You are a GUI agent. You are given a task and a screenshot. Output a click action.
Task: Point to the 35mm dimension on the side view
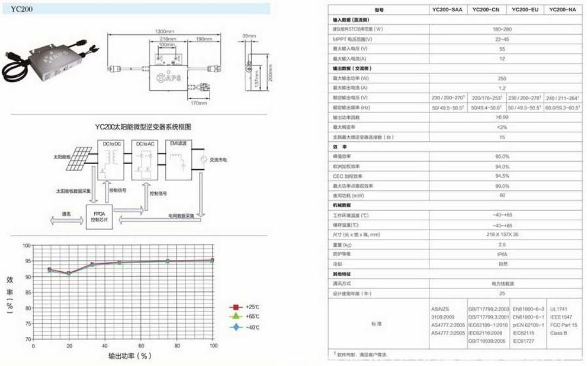click(x=249, y=36)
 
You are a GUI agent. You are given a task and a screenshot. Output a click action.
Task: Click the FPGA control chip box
click(x=99, y=217)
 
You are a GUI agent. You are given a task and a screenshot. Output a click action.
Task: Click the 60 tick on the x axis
click(x=141, y=345)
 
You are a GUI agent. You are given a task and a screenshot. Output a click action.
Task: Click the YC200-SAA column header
click(x=447, y=10)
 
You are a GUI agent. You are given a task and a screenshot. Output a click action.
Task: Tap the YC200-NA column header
click(x=563, y=10)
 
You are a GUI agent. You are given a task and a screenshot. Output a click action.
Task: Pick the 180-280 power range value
click(x=502, y=29)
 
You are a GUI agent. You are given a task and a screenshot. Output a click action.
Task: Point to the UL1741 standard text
click(x=559, y=308)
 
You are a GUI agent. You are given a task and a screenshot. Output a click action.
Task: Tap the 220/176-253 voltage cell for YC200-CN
click(x=486, y=97)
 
